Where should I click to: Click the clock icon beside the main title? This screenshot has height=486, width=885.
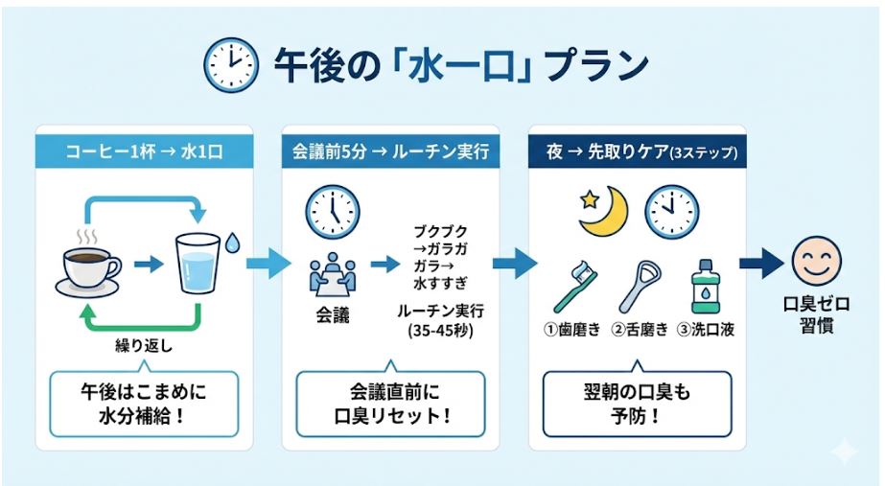pyautogui.click(x=230, y=65)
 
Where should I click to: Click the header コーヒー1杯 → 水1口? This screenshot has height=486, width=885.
pyautogui.click(x=145, y=151)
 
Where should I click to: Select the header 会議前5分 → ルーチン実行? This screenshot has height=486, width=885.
pyautogui.click(x=390, y=151)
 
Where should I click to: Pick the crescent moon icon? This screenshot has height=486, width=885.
pyautogui.click(x=605, y=211)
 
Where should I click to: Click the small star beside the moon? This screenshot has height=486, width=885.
pyautogui.click(x=585, y=198)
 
